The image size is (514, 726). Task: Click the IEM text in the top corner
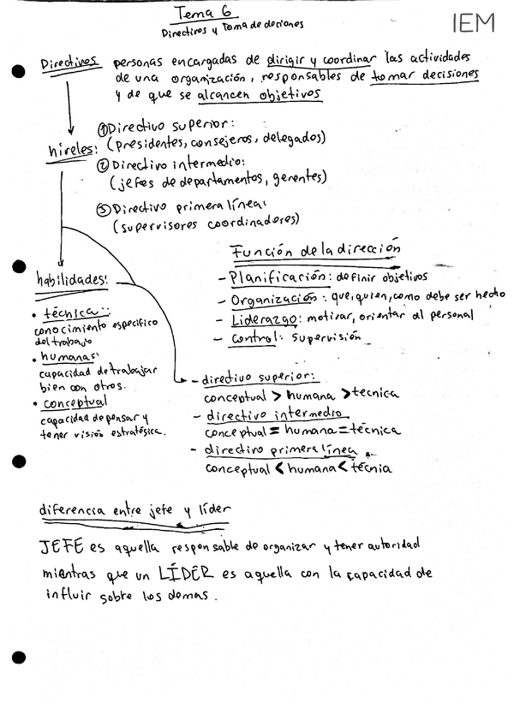(474, 23)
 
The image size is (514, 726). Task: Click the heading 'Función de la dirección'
(316, 251)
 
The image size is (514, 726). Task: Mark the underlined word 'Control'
(254, 339)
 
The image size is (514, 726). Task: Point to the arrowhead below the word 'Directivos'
(67, 127)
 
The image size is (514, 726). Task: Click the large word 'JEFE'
(61, 545)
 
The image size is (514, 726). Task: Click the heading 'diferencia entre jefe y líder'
(134, 510)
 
